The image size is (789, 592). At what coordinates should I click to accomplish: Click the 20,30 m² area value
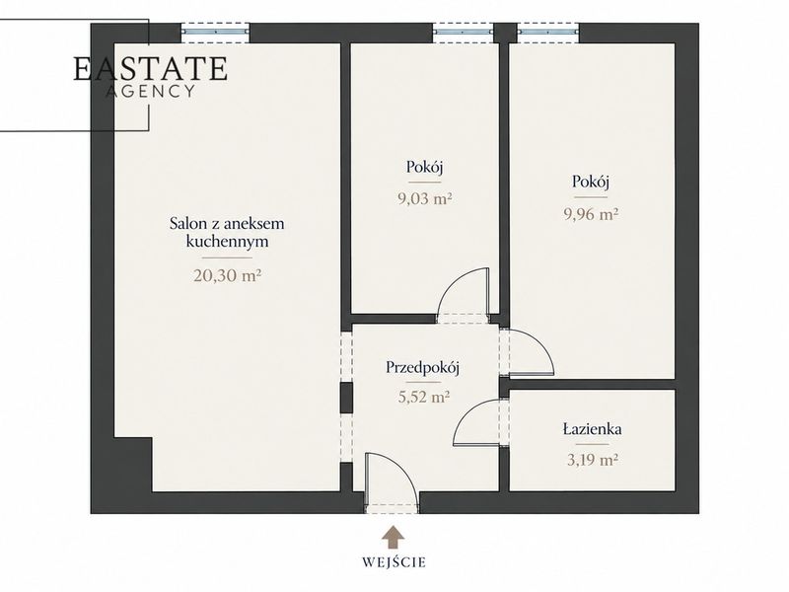click(227, 275)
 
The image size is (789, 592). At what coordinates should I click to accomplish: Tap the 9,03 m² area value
click(425, 199)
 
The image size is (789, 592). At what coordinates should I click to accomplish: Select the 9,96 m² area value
click(591, 214)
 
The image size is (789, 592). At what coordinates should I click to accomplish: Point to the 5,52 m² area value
click(424, 397)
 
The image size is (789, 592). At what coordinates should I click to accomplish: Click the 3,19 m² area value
click(593, 460)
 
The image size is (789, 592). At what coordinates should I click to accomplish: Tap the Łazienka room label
click(592, 429)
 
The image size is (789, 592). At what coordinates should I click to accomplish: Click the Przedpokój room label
click(423, 367)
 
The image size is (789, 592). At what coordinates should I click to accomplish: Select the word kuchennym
click(227, 242)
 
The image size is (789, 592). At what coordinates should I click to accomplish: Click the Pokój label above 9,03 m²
click(425, 167)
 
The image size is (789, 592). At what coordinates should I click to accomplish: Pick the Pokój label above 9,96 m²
click(591, 182)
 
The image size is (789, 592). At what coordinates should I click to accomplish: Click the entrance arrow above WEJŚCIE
click(393, 537)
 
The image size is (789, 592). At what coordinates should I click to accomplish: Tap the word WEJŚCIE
click(394, 561)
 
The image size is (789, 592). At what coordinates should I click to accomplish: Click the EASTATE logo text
click(151, 69)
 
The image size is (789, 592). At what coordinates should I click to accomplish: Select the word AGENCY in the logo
click(151, 91)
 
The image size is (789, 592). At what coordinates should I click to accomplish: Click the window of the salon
click(215, 32)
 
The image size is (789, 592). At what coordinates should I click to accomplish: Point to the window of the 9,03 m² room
click(463, 32)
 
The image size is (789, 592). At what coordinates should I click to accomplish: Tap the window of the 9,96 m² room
click(547, 32)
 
